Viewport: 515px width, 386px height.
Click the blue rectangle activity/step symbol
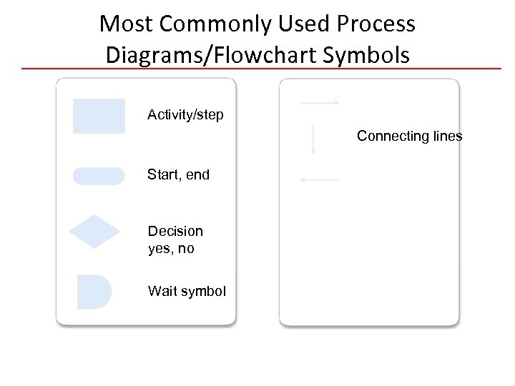coord(99,116)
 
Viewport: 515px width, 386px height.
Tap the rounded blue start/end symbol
coord(99,176)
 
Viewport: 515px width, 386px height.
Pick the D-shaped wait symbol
coord(94,292)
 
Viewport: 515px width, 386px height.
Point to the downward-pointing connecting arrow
coord(313,139)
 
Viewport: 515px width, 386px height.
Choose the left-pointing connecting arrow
coord(320,180)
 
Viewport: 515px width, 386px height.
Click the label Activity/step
coord(185,114)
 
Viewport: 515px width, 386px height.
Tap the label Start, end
coord(179,174)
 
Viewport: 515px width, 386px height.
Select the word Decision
coord(175,231)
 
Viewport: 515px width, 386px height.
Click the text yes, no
coord(171,249)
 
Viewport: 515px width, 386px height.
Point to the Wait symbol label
coord(187,291)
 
